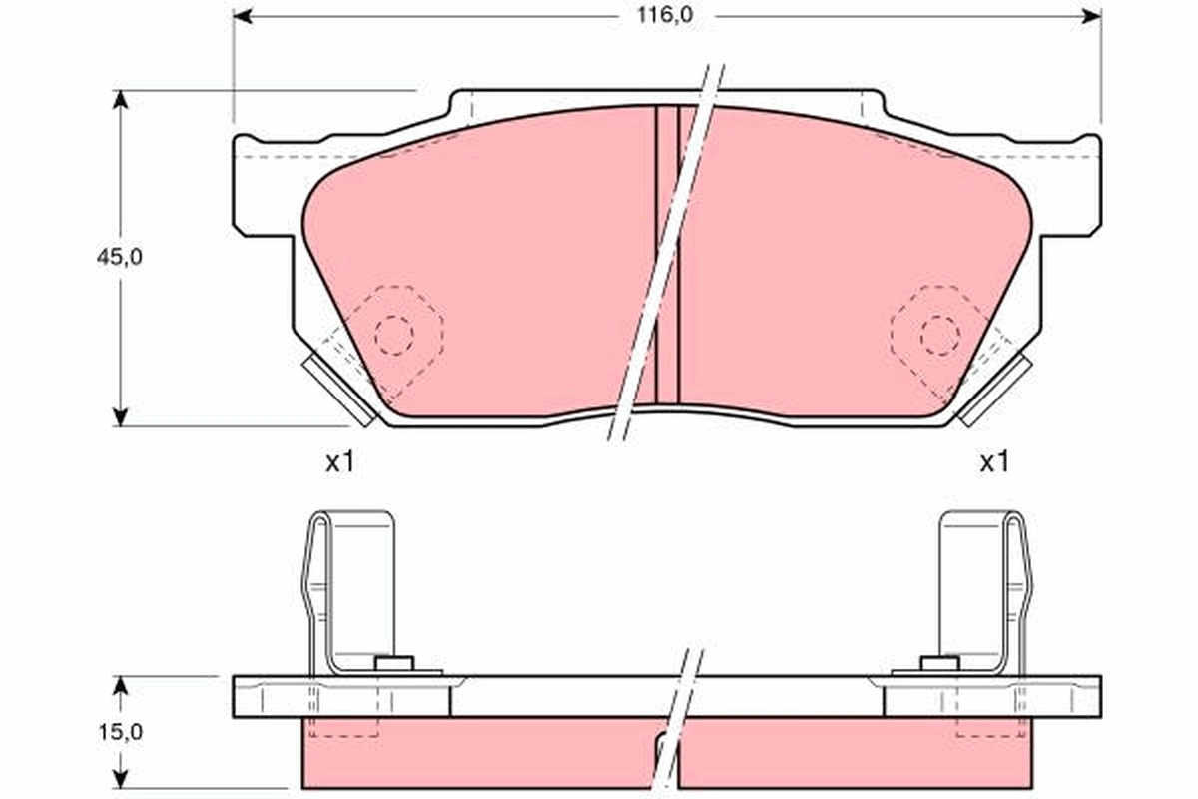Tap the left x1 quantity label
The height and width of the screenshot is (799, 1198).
pyautogui.click(x=340, y=461)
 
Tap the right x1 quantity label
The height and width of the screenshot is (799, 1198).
pyautogui.click(x=993, y=461)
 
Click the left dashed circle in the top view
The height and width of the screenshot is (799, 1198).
pyautogui.click(x=393, y=335)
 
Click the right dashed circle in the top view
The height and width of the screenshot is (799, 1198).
pyautogui.click(x=939, y=335)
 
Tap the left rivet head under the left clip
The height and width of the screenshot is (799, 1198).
pyautogui.click(x=393, y=663)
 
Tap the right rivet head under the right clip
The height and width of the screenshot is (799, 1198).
pyautogui.click(x=938, y=663)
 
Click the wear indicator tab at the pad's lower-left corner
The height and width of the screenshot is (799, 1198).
pyautogui.click(x=338, y=391)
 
